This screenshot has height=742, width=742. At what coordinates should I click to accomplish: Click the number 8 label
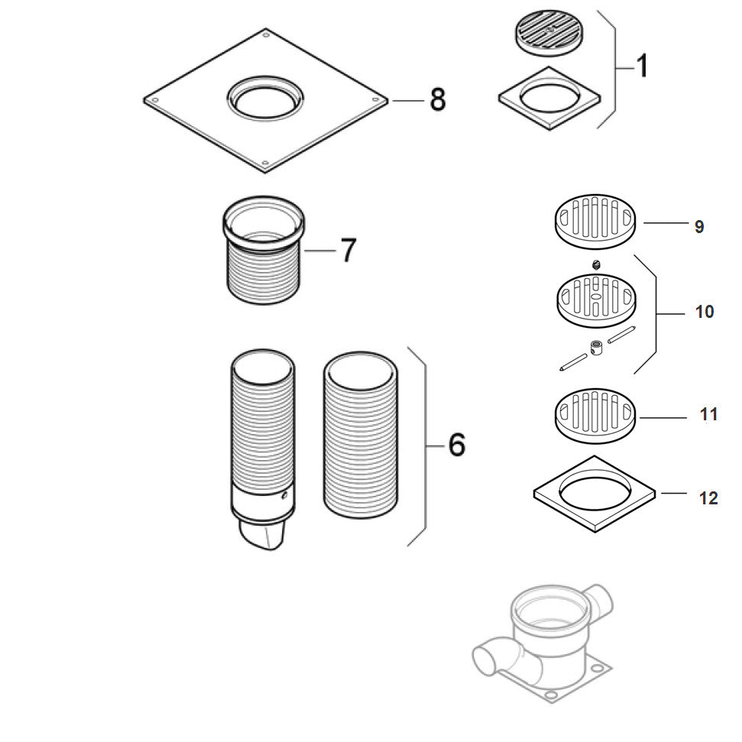coord(437,99)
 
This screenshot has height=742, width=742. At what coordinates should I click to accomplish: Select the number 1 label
coord(642,66)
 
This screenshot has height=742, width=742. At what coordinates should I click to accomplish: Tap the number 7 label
coord(348,250)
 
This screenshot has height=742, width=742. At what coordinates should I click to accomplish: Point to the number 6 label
coord(456,444)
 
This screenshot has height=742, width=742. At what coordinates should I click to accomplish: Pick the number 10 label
coord(704,312)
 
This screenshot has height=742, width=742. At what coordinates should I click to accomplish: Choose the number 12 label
coord(708,498)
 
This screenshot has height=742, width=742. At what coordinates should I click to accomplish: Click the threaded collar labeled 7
coord(261,252)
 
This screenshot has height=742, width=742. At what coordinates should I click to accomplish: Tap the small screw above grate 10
coord(596,264)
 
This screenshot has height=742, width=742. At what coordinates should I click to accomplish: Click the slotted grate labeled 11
coord(595,413)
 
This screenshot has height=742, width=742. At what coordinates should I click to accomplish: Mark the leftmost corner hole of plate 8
coord(154,99)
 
